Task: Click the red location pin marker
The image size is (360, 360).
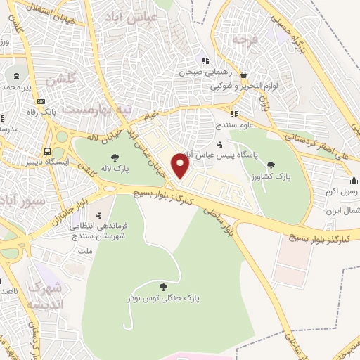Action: (x=181, y=166)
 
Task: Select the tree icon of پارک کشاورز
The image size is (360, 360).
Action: (x=271, y=165)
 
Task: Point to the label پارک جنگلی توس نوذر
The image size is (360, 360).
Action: (x=164, y=298)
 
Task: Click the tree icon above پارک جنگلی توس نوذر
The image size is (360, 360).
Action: (x=164, y=287)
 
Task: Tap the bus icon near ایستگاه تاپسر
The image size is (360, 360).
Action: (x=47, y=150)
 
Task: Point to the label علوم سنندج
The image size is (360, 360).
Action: (x=234, y=124)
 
